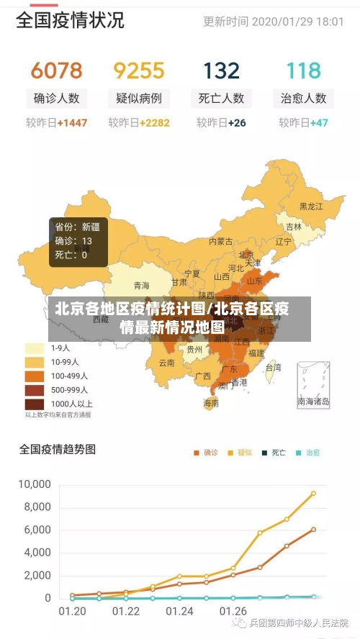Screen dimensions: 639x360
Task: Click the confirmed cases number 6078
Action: click(56, 71)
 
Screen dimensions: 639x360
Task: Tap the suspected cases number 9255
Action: click(139, 71)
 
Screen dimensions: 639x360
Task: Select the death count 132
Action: click(221, 71)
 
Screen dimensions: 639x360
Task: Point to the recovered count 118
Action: click(303, 71)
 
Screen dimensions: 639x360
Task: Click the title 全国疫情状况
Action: click(70, 20)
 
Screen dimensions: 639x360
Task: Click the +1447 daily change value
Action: click(72, 123)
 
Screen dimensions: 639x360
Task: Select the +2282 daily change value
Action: click(155, 123)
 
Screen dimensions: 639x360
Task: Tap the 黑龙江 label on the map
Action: click(311, 207)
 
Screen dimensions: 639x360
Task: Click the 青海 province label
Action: click(141, 285)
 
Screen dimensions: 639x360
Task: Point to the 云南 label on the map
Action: click(167, 363)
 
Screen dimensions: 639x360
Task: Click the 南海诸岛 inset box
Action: click(314, 385)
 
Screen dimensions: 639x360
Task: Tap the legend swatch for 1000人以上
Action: click(35, 404)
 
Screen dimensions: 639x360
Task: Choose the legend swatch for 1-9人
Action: click(35, 348)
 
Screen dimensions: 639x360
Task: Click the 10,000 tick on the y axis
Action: click(35, 484)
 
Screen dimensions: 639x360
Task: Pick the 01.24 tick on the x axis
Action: click(179, 612)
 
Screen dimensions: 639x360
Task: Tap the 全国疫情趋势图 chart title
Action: click(57, 450)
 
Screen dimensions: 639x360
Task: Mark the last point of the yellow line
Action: click(313, 494)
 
